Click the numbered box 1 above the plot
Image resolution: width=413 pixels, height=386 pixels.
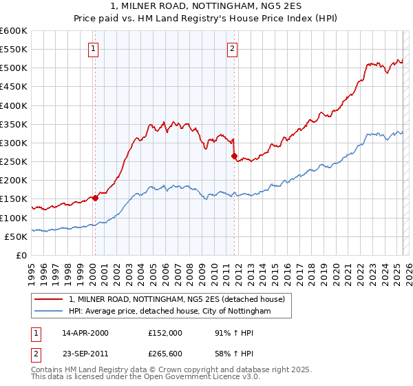93,48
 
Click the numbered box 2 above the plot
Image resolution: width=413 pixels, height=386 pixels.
233,48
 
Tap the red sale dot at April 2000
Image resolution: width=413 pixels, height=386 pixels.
96,199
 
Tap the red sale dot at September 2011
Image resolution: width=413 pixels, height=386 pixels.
235,156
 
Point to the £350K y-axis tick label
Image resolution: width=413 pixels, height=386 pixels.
14,125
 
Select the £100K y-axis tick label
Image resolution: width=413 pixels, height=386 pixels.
14,218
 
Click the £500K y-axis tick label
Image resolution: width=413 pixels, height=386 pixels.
14,68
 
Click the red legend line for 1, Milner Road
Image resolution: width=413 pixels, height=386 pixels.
49,299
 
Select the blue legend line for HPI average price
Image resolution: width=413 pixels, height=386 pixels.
49,312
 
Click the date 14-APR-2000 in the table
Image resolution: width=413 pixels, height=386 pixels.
85,333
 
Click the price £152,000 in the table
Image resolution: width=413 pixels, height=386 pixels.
165,333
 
